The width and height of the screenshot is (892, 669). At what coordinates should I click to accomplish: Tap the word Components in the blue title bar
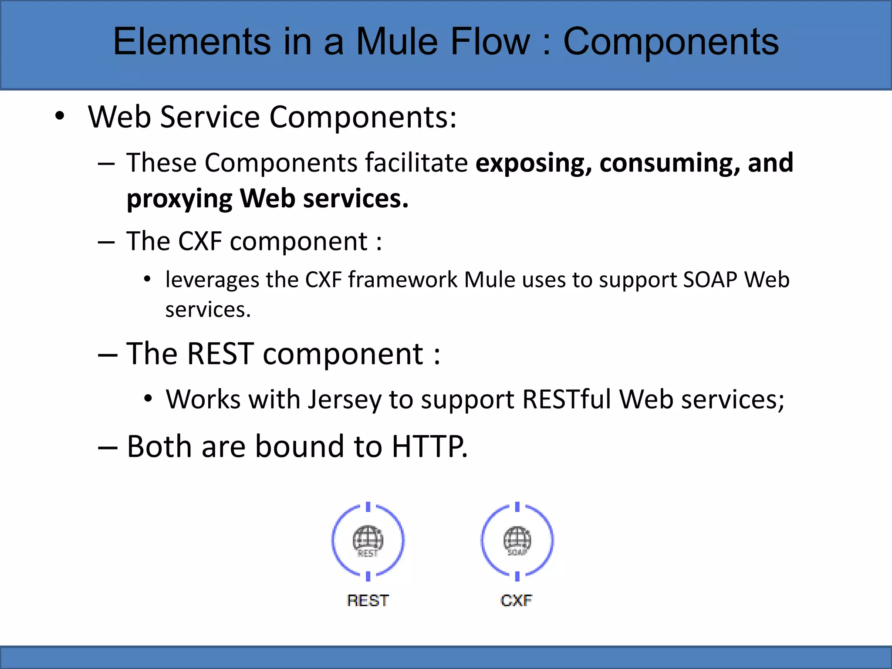pos(671,42)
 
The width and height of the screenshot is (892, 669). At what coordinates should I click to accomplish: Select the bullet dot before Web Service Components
pos(60,116)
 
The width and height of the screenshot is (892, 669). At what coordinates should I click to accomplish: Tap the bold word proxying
pos(179,199)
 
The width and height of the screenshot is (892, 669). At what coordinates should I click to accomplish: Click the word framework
pos(402,280)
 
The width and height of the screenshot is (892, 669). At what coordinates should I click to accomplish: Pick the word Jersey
pos(345,400)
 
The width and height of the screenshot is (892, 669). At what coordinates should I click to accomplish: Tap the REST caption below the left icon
pos(368,601)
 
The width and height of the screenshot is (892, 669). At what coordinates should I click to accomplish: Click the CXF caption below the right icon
pos(516,601)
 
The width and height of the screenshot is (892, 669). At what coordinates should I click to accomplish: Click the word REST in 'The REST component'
pos(221,354)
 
